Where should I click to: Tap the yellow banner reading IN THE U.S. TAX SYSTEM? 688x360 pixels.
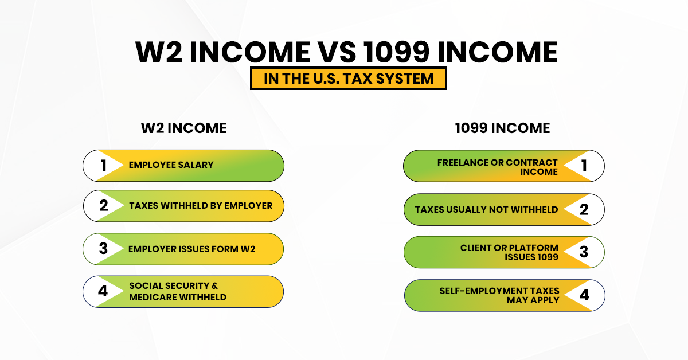coord(348,79)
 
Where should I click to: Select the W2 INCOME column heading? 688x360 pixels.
coord(183,128)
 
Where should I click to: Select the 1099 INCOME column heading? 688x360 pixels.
coord(502,128)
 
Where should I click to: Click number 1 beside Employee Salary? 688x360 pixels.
coord(104,166)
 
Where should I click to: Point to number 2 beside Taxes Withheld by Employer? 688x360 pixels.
coord(104,205)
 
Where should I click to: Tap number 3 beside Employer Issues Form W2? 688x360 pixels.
coord(103,249)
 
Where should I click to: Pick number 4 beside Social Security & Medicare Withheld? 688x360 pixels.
coord(103,291)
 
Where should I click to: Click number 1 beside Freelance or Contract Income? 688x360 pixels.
coord(584,166)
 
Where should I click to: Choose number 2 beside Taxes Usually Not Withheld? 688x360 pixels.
coord(584,209)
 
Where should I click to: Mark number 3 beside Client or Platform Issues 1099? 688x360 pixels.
coord(584,252)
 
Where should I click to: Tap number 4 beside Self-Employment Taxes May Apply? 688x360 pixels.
coord(584,295)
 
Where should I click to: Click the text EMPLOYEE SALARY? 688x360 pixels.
coord(171,165)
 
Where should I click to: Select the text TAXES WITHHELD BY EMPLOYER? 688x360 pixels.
coord(201,205)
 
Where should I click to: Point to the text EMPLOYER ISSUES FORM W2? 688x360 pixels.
coord(192,249)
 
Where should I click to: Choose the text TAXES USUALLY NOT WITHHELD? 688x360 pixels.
coord(486,209)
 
